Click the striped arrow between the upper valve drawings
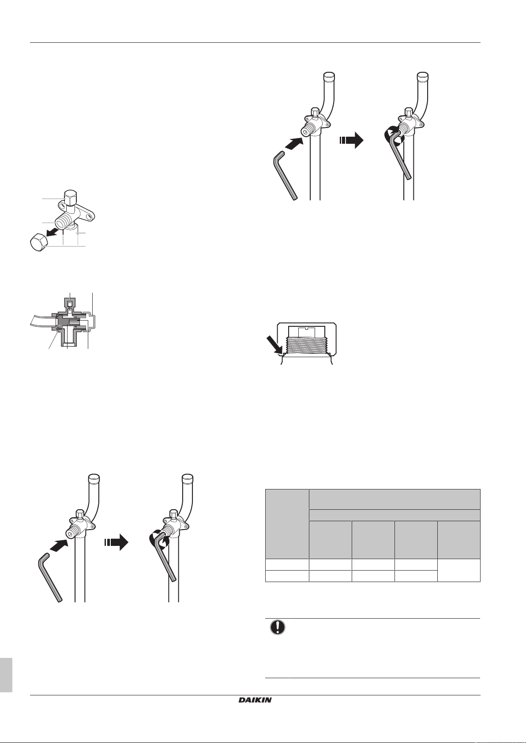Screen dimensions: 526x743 pos(351,141)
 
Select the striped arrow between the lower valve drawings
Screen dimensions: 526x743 pos(116,542)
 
